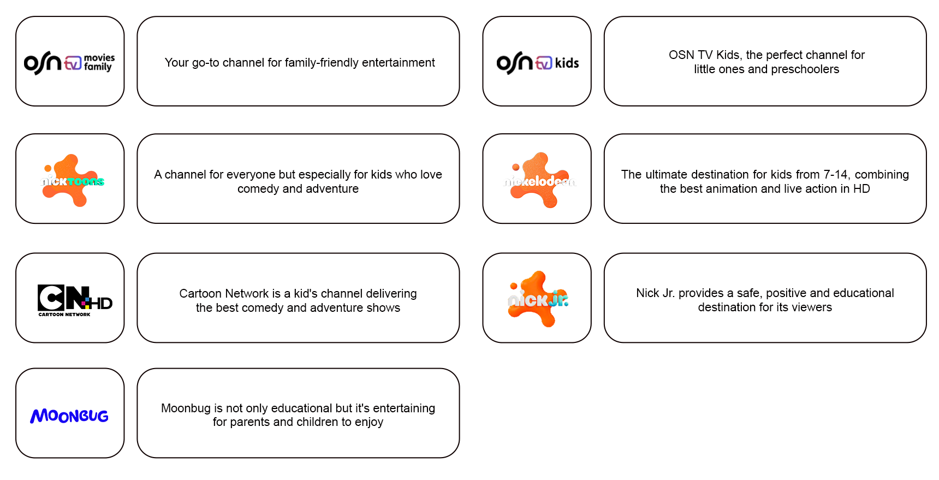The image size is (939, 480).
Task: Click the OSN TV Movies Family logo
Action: pos(69,62)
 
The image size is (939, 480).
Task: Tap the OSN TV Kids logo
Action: pos(537,62)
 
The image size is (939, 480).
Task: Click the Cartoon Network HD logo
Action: pos(74,299)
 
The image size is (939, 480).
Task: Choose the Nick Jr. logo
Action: pos(538,299)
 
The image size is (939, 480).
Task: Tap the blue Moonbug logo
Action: pos(69,416)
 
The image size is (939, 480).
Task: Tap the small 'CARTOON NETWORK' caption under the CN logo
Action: pos(64,315)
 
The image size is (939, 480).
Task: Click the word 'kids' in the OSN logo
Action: pos(567,63)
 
